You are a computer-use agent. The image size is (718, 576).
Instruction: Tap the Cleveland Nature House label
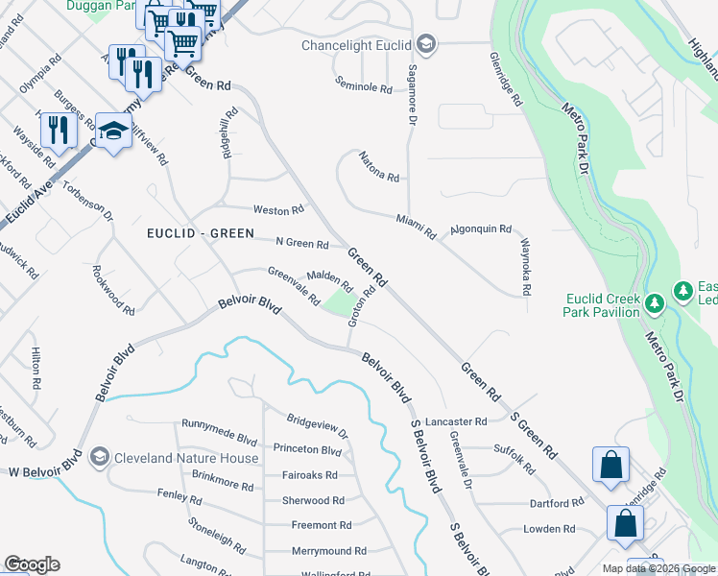[187, 458]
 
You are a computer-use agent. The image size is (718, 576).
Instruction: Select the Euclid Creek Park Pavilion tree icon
[655, 303]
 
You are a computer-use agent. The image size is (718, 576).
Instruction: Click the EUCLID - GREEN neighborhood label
[200, 233]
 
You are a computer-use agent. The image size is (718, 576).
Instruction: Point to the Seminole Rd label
[364, 89]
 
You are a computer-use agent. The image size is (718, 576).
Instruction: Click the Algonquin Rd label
[481, 230]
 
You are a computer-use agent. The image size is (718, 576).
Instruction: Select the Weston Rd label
[278, 209]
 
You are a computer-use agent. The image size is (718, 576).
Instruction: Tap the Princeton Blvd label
[307, 450]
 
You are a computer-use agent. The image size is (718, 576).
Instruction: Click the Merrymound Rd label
[329, 551]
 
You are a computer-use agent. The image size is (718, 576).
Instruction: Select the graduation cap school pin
[113, 131]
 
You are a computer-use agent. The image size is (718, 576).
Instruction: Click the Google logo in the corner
[32, 564]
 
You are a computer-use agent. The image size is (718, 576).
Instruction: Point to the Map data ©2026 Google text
[658, 568]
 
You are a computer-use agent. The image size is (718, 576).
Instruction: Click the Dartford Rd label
[557, 503]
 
